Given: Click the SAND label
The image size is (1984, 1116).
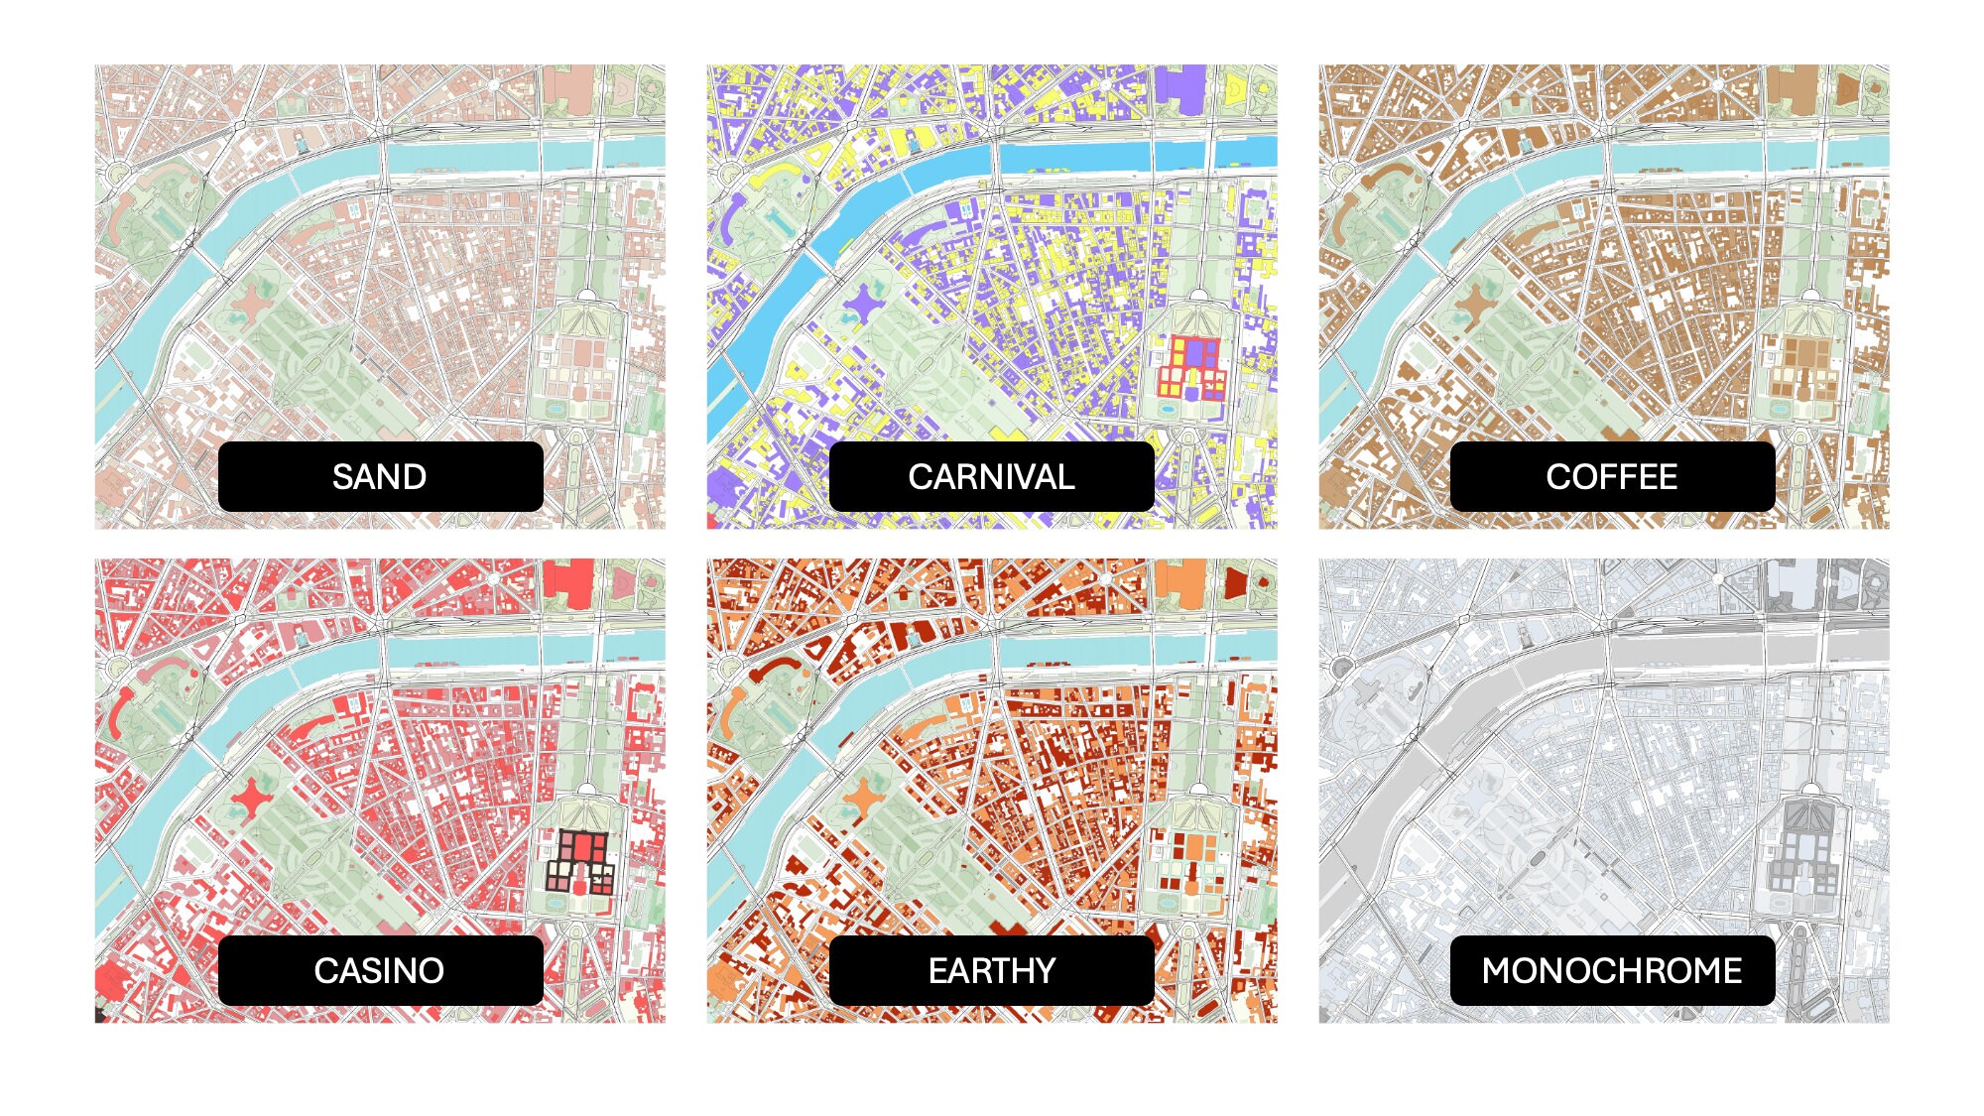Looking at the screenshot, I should [380, 477].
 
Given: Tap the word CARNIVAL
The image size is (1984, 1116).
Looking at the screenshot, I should [991, 477].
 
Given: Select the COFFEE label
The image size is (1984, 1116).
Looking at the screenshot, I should [1612, 477].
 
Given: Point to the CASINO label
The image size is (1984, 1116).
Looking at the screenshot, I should [380, 970].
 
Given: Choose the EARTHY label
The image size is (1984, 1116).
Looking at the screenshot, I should [991, 970].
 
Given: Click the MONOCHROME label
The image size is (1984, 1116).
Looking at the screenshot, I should [1612, 970].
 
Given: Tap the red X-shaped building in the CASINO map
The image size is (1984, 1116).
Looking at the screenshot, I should [253, 796].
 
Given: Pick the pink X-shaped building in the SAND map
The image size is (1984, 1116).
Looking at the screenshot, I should [253, 302].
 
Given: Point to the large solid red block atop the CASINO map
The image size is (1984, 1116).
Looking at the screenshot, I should [568, 580].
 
